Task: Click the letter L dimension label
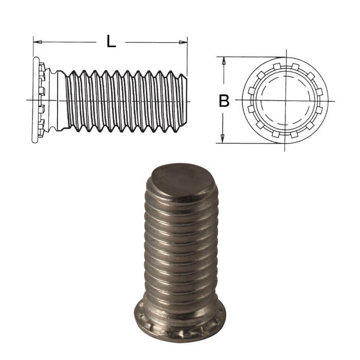[x=111, y=42]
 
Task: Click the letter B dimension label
[x=224, y=101]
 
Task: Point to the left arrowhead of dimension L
[x=37, y=42]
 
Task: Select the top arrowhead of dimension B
[x=223, y=61]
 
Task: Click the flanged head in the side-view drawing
[x=36, y=100]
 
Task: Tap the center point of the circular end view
[x=284, y=100]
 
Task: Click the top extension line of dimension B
[x=247, y=57]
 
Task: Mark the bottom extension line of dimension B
[x=247, y=143]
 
